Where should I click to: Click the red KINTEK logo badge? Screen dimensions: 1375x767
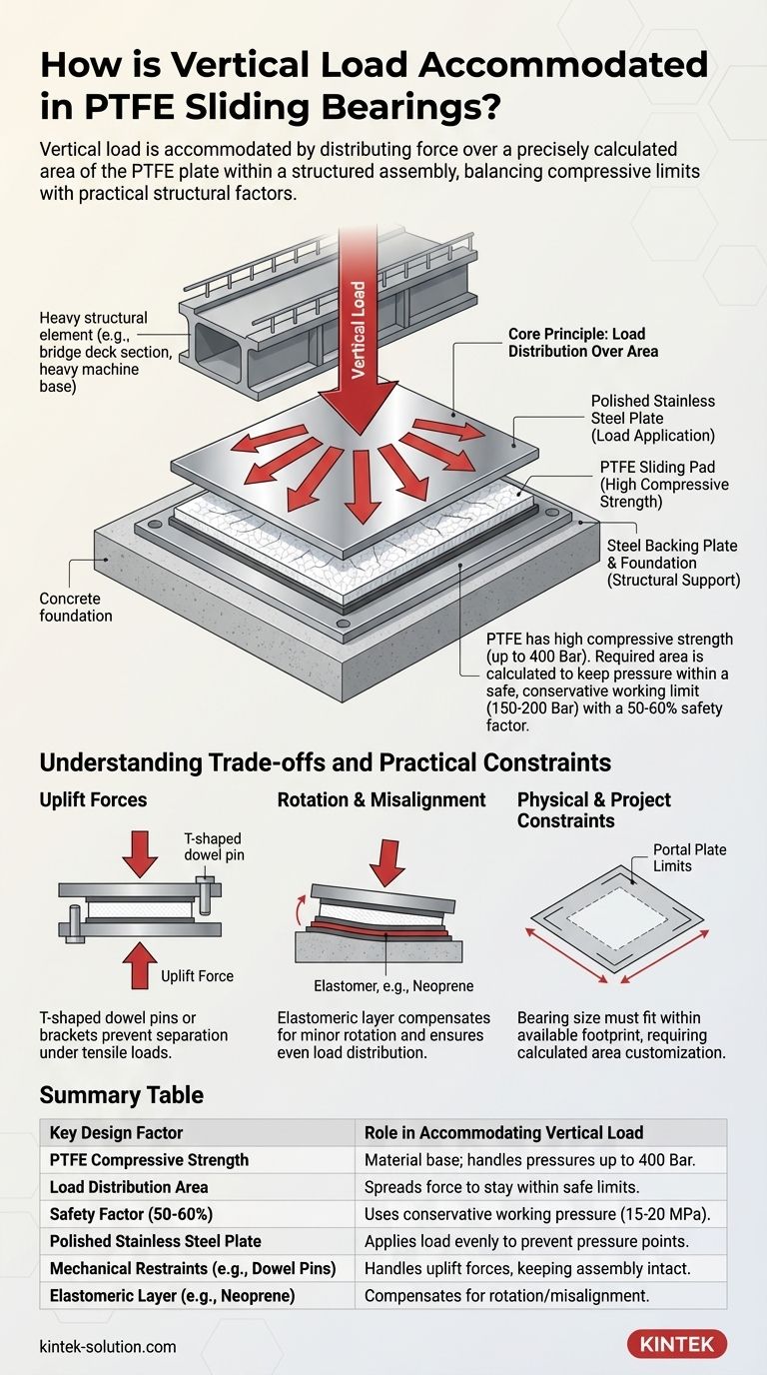point(676,1344)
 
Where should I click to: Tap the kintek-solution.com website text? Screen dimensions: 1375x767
point(108,1346)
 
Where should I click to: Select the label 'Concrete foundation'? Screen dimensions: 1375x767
point(76,607)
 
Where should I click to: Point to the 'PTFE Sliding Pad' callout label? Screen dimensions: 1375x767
point(664,485)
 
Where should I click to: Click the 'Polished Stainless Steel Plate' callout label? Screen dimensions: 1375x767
point(654,418)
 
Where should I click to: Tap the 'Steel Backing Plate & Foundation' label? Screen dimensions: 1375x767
point(672,563)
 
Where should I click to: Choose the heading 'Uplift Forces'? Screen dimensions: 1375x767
point(93,799)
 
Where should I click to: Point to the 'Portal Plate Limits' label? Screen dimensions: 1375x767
point(689,857)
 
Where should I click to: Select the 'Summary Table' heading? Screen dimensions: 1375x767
point(121,1094)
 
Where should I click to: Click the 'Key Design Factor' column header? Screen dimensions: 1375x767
point(117,1132)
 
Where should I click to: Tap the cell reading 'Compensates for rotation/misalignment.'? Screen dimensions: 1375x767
point(506,1295)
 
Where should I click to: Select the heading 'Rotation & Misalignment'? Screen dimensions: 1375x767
point(381,799)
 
